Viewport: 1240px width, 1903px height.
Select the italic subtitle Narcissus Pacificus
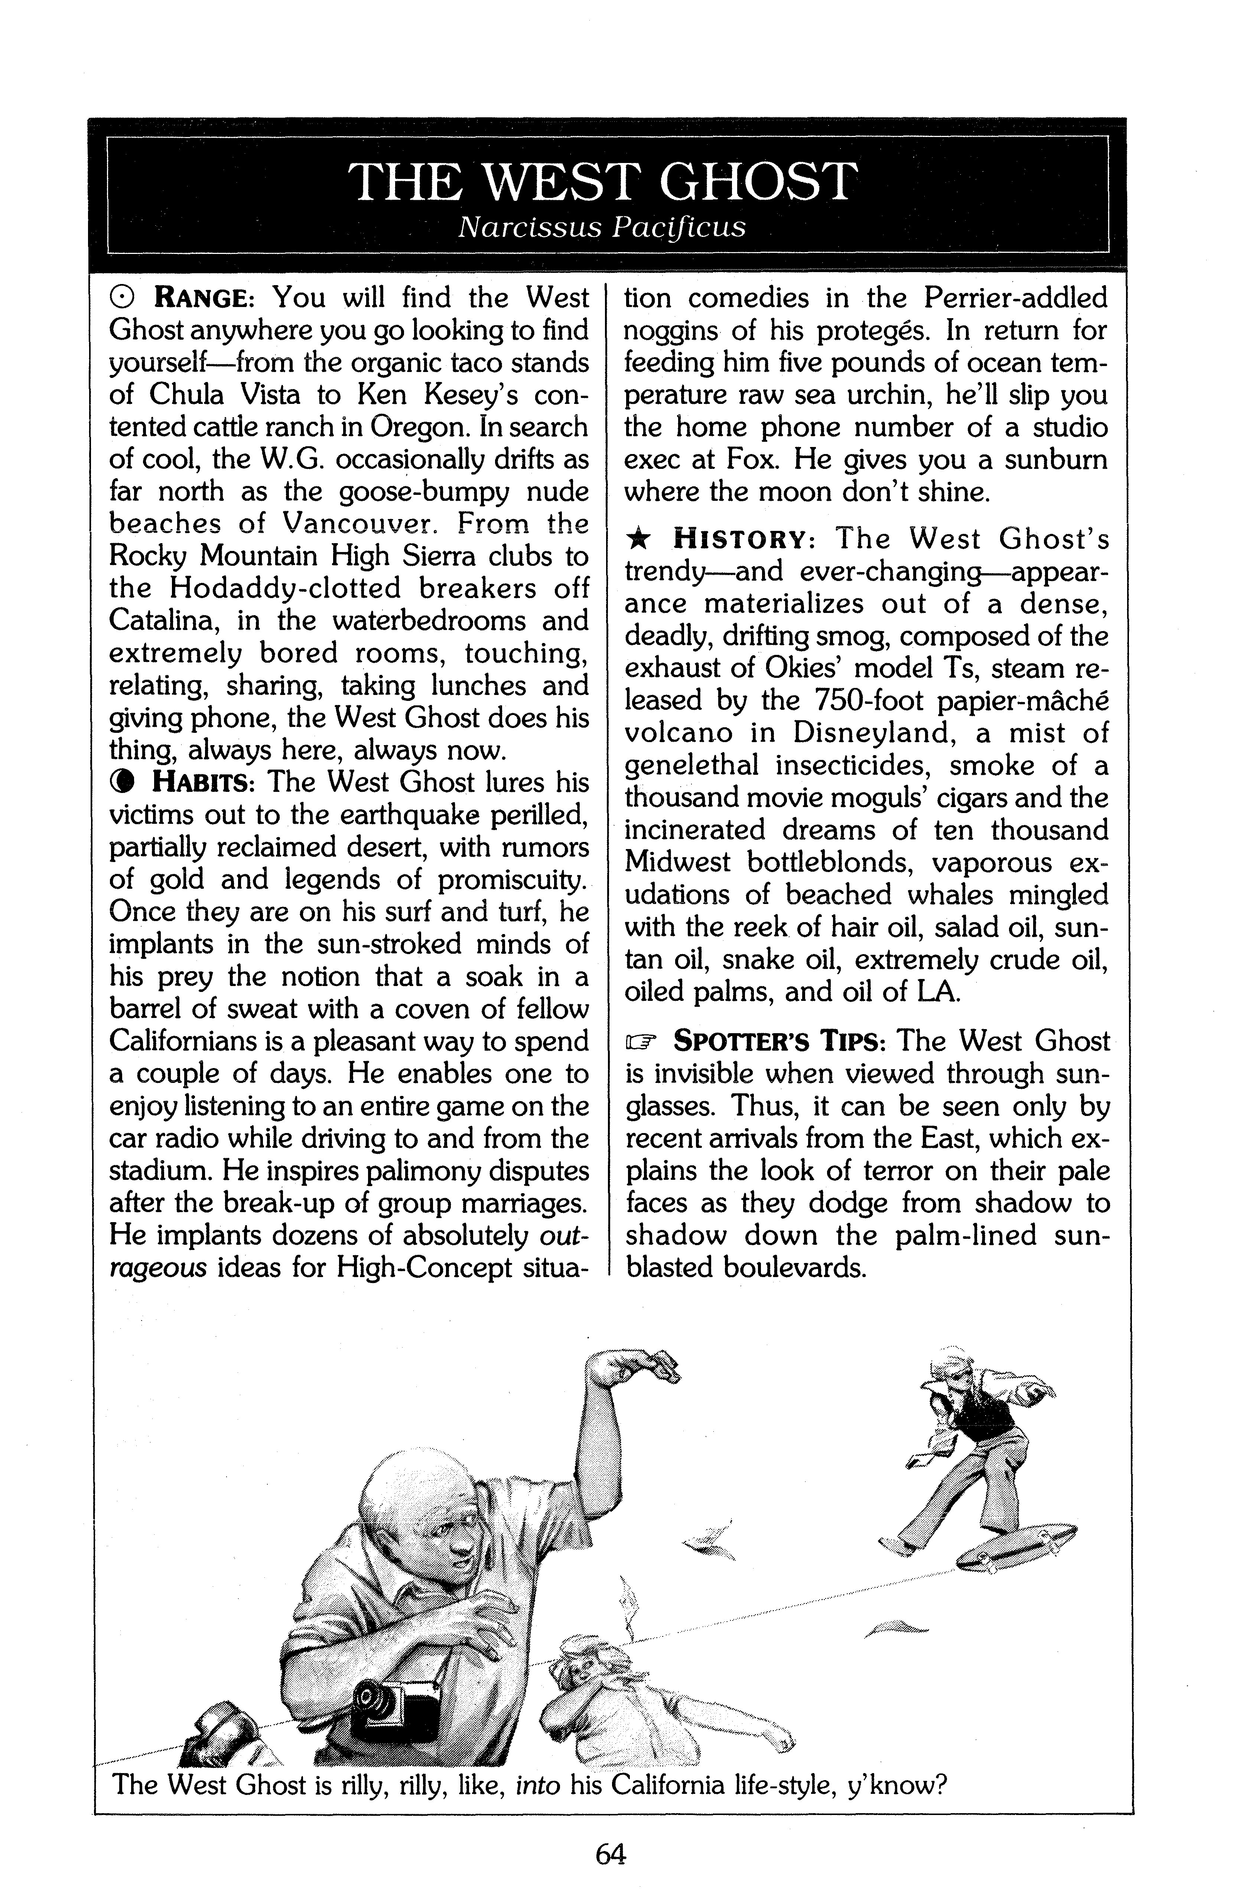602,228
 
